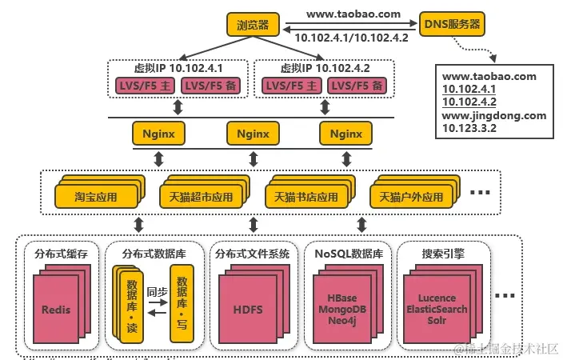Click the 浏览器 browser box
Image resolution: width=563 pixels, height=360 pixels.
tap(253, 24)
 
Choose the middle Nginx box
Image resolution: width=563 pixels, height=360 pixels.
tap(253, 132)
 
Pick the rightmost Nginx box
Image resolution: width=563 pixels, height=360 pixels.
tap(346, 132)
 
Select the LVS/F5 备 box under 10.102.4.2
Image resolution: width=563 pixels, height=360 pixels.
tap(357, 86)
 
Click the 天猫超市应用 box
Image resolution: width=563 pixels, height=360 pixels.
tap(200, 195)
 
